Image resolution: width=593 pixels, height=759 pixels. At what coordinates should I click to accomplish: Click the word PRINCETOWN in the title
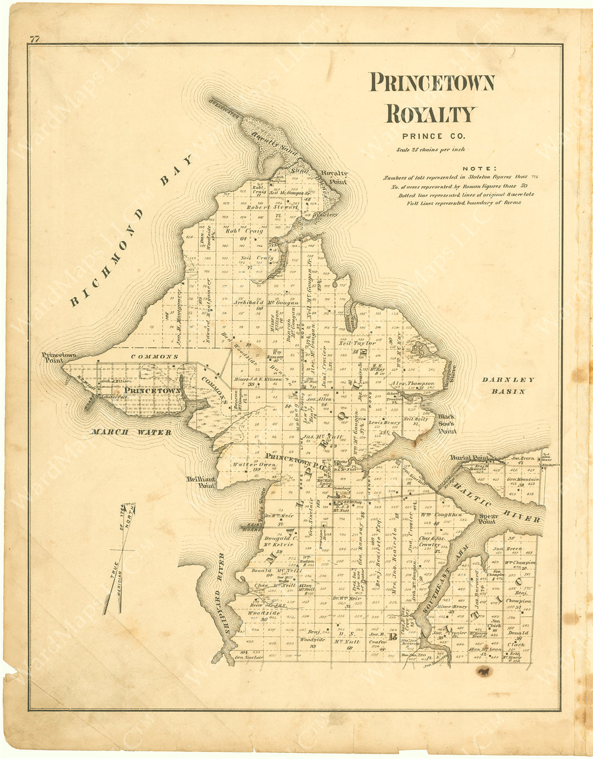pos(432,82)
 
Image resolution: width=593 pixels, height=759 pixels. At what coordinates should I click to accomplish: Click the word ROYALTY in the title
pos(430,114)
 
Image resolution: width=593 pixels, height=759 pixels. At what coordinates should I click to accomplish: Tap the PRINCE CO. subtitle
pos(433,136)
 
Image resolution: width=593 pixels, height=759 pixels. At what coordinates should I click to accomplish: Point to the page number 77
pos(35,38)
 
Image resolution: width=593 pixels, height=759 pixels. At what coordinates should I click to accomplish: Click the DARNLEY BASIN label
pos(508,386)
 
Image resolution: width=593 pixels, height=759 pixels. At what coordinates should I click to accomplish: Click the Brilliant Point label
pos(200,482)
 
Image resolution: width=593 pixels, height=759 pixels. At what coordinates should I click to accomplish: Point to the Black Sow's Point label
pos(447,423)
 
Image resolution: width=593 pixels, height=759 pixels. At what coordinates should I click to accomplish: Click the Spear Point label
pos(488,519)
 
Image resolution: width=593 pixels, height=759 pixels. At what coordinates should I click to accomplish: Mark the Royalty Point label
pos(334,177)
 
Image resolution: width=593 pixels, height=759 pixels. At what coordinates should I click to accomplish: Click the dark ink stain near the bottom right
pos(484,671)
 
